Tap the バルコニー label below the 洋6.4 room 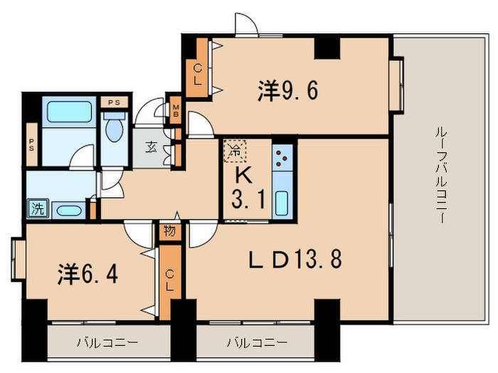[107, 342]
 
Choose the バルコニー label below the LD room [257, 342]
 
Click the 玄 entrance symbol [152, 148]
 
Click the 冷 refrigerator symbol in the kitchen [233, 150]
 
